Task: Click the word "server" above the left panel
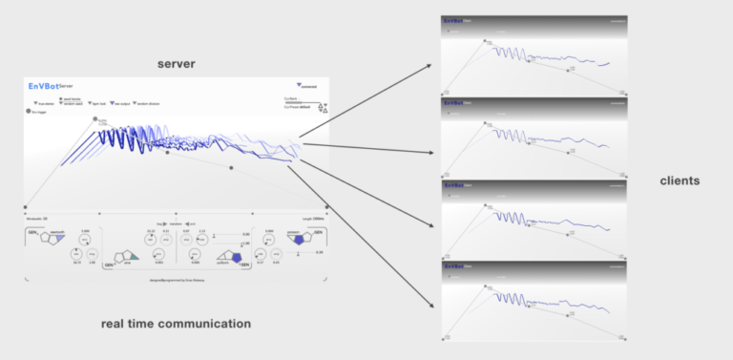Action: tap(177, 63)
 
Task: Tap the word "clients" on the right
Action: tap(681, 180)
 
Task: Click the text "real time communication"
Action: tap(176, 324)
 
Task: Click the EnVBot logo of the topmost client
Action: tap(455, 19)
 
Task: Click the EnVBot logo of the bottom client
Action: tap(455, 264)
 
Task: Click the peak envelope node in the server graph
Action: tap(94, 119)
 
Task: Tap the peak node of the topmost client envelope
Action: tap(485, 41)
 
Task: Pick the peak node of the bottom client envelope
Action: tap(485, 284)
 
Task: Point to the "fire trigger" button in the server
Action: tap(39, 111)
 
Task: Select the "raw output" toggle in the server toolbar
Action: tap(119, 102)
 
